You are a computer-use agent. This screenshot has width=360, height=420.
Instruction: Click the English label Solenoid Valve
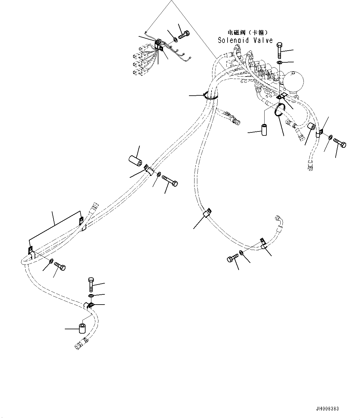[x=245, y=40]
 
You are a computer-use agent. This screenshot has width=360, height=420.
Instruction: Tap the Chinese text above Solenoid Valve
[x=247, y=32]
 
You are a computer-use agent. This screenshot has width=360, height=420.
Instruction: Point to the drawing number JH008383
[x=327, y=409]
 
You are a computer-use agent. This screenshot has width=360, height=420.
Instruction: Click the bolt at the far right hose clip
[x=340, y=143]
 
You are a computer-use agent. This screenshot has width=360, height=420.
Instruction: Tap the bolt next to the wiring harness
[x=184, y=36]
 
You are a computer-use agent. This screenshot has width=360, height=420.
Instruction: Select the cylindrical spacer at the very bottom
[x=82, y=328]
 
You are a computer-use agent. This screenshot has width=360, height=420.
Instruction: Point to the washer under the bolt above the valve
[x=279, y=63]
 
